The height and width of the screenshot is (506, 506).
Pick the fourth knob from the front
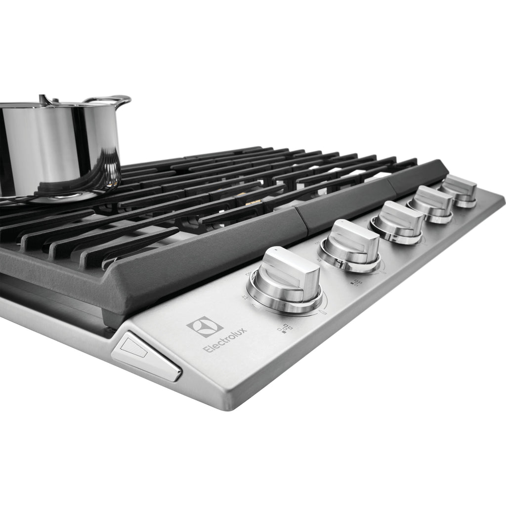pos(431,205)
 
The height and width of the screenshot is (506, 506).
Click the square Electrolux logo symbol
pos(205,327)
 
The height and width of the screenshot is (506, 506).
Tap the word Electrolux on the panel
pos(225,340)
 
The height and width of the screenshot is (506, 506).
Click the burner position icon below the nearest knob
pos(285,328)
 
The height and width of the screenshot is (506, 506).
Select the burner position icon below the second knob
pos(356,282)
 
